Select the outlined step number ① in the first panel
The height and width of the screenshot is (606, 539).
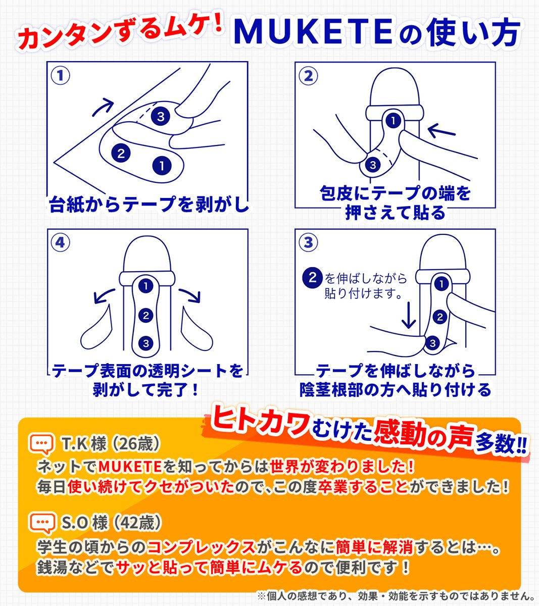(61, 75)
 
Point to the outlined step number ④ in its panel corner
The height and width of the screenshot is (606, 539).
(61, 242)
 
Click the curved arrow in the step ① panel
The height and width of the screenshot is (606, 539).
(103, 107)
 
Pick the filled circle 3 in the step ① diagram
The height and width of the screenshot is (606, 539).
(161, 116)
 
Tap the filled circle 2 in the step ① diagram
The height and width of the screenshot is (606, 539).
(121, 154)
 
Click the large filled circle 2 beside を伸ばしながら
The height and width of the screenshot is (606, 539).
(312, 278)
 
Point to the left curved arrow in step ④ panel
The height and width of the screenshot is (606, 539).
(104, 296)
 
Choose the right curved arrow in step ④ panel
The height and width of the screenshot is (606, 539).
(189, 296)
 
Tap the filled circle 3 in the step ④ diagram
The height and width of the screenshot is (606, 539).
(146, 343)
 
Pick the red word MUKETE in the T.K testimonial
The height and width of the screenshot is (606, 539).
(130, 467)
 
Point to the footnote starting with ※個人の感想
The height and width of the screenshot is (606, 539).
(396, 596)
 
